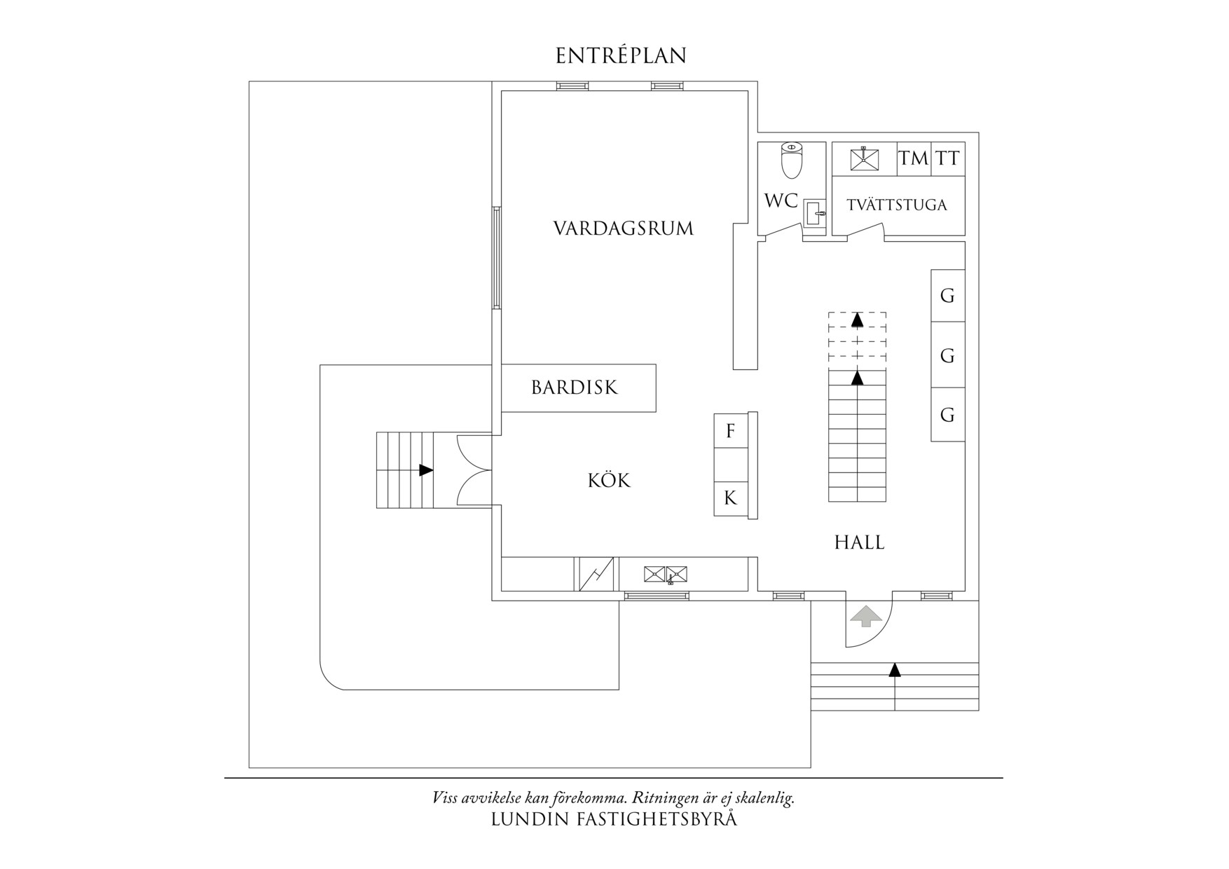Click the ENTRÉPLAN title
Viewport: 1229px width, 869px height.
[x=621, y=56]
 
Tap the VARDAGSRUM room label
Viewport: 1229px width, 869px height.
[x=623, y=228]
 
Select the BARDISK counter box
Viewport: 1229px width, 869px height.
[x=578, y=388]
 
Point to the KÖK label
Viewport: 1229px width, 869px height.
[x=609, y=481]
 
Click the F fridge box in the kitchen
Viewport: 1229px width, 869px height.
[x=730, y=431]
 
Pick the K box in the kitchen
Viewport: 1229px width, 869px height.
[x=730, y=498]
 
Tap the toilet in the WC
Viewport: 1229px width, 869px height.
[x=791, y=160]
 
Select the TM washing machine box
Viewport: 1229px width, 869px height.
[x=914, y=158]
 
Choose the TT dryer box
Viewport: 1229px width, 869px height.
[x=948, y=158]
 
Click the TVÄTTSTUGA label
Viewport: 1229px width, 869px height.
[x=896, y=205]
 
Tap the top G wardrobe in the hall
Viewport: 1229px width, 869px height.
[x=947, y=296]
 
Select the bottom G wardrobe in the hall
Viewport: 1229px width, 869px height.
[x=947, y=415]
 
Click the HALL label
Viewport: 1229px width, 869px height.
[x=859, y=542]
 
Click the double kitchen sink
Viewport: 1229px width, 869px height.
[x=666, y=575]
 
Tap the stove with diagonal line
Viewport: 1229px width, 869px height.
[x=596, y=574]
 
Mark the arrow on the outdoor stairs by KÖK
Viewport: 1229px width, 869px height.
[x=425, y=470]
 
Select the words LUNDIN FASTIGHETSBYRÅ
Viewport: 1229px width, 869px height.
[x=614, y=819]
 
